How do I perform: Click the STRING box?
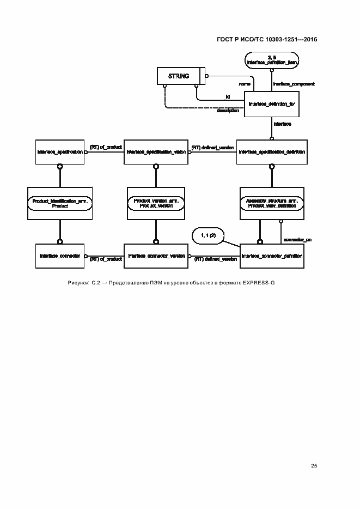click(179, 76)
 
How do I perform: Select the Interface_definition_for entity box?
click(271, 103)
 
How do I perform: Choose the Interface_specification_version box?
click(156, 152)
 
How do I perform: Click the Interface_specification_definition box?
click(271, 152)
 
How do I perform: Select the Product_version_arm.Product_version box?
click(156, 203)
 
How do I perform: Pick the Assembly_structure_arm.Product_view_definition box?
click(271, 203)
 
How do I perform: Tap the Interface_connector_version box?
click(156, 256)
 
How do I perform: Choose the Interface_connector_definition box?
click(271, 256)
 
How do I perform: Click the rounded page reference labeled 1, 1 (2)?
click(208, 236)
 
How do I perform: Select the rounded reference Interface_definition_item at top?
click(271, 60)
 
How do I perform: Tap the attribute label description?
click(228, 111)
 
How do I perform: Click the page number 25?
click(314, 466)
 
